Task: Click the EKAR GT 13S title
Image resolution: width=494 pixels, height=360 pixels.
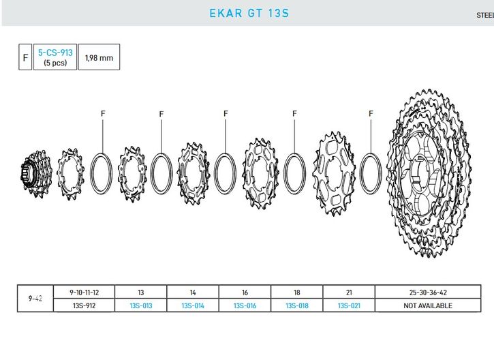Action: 249,13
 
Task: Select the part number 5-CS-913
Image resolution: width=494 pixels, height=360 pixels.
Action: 55,52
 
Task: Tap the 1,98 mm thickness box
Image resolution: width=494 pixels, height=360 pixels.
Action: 99,57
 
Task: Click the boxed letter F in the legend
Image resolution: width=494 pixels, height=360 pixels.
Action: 25,57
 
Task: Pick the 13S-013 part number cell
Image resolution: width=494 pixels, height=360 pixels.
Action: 141,305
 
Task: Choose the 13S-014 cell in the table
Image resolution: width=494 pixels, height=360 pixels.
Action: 193,305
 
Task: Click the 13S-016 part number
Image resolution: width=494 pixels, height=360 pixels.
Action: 245,305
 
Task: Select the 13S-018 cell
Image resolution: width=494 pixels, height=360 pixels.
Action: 297,305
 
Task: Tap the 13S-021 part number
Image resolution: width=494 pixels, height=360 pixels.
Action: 349,305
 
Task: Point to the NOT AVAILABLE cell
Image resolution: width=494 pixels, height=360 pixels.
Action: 428,305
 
